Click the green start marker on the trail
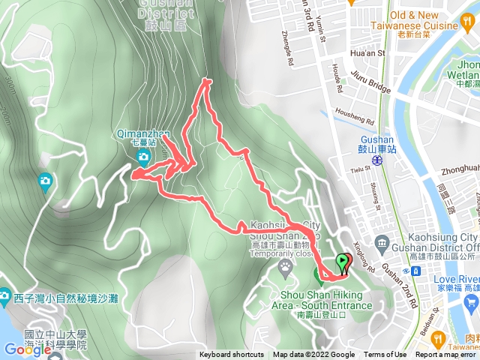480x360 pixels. tap(343, 262)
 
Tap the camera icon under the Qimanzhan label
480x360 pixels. tap(143, 156)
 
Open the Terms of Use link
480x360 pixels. tap(385, 355)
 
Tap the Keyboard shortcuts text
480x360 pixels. tap(232, 355)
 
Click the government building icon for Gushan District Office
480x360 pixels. tap(382, 244)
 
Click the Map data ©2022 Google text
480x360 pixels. tap(313, 355)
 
